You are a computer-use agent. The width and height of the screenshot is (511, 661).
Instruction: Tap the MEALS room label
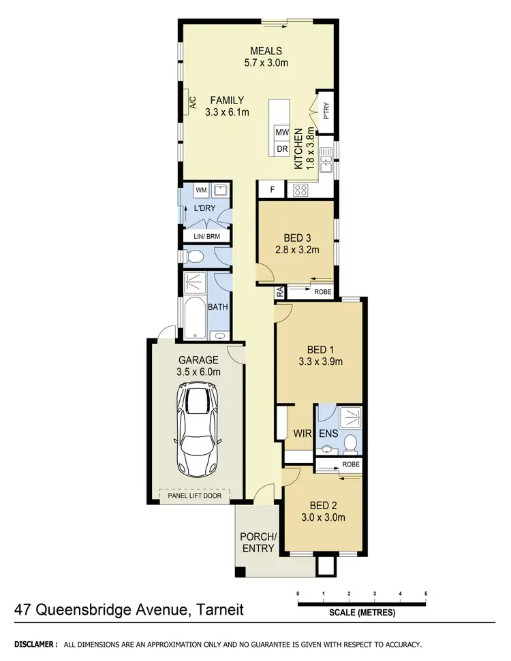[x=266, y=51]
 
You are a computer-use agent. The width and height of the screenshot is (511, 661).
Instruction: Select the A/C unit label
[x=193, y=103]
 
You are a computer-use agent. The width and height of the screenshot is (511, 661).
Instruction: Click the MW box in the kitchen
[x=281, y=132]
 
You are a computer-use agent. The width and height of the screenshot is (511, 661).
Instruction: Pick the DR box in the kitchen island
[x=281, y=149]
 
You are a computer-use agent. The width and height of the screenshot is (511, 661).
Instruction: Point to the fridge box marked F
[x=271, y=190]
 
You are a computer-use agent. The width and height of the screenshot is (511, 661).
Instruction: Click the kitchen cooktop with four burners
[x=300, y=191]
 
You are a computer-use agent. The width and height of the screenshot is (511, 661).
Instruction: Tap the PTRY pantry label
[x=326, y=110]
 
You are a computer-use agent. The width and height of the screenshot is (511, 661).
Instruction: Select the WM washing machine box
[x=201, y=190]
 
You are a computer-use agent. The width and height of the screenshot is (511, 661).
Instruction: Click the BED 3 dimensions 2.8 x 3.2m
[x=296, y=250]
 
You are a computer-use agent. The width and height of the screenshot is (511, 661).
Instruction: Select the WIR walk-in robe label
[x=303, y=433]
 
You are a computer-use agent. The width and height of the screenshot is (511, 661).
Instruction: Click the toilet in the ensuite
[x=351, y=443]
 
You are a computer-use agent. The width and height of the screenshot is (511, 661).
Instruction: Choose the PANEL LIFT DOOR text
[x=197, y=496]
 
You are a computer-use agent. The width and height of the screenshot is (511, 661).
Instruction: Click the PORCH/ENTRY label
[x=258, y=542]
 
